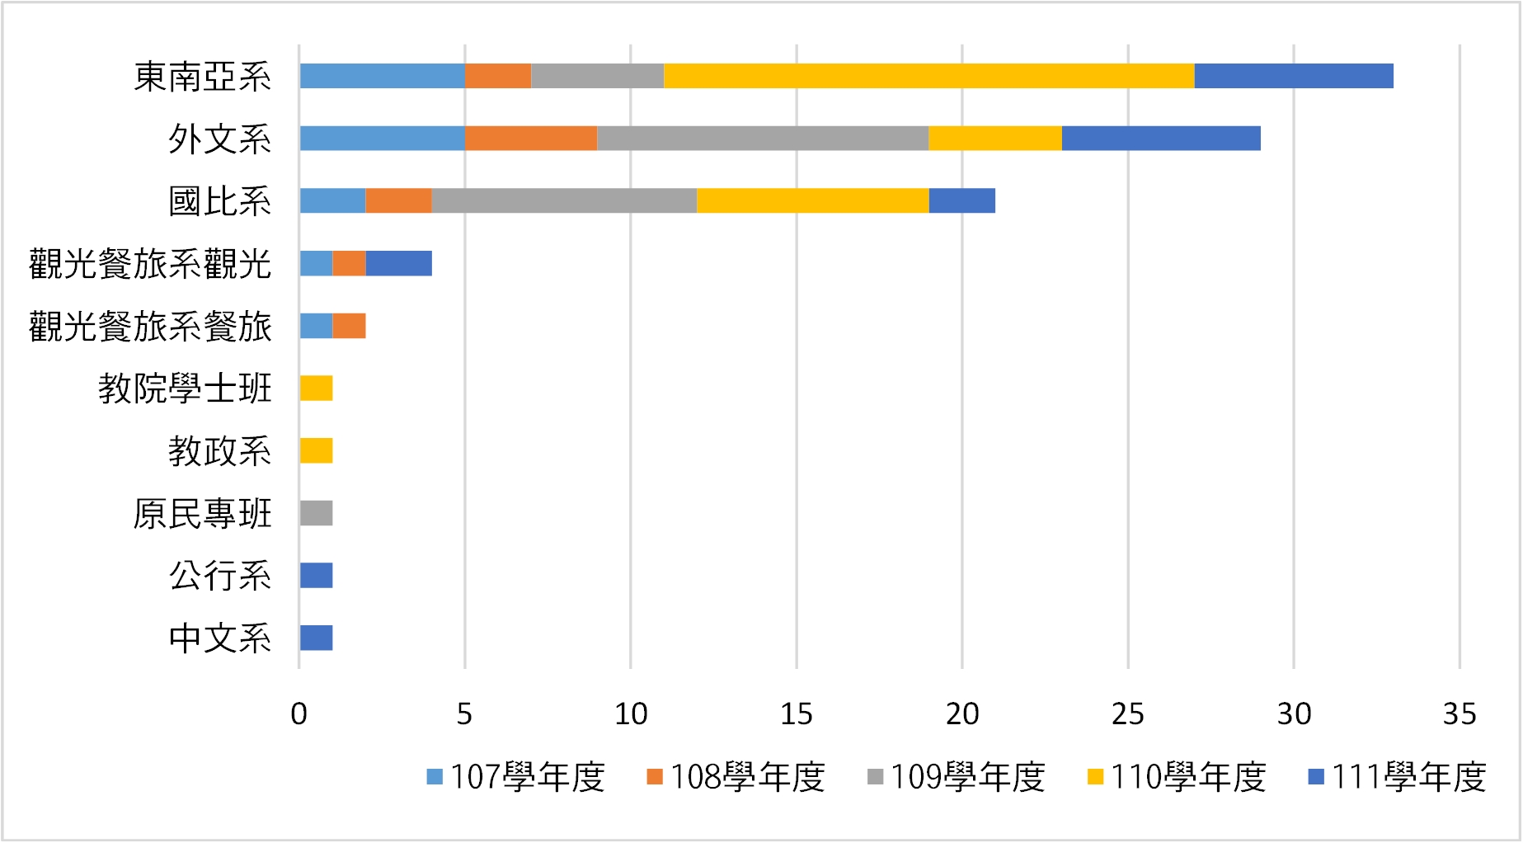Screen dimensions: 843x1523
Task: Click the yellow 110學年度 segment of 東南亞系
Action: coord(928,76)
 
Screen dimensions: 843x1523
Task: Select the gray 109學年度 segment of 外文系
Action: coord(763,139)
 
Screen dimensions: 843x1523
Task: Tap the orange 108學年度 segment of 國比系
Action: coord(398,200)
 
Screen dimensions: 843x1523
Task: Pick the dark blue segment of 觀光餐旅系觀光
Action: coord(398,264)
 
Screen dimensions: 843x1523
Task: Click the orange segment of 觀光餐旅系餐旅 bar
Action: coord(349,326)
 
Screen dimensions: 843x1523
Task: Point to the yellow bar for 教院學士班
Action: coord(316,389)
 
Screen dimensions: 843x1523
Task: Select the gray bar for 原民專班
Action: coord(316,513)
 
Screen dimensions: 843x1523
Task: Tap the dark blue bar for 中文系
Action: coord(316,638)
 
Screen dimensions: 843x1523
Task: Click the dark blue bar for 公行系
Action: coord(316,576)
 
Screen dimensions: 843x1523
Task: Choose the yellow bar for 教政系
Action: coord(316,451)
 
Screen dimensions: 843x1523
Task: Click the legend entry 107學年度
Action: coord(516,777)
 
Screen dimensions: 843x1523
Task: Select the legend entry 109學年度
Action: coord(957,777)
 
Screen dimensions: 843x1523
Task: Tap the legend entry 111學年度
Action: coord(1398,777)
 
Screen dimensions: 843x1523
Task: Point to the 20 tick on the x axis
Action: coord(962,714)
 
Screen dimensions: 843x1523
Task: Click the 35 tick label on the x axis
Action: coord(1459,714)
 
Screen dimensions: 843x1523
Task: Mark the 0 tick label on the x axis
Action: coord(299,714)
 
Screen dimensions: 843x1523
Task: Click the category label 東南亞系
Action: coord(203,77)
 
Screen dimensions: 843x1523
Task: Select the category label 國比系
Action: coord(220,201)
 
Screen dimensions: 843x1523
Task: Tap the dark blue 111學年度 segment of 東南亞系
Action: coord(1293,76)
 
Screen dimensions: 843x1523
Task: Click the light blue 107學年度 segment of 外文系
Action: coord(382,139)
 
